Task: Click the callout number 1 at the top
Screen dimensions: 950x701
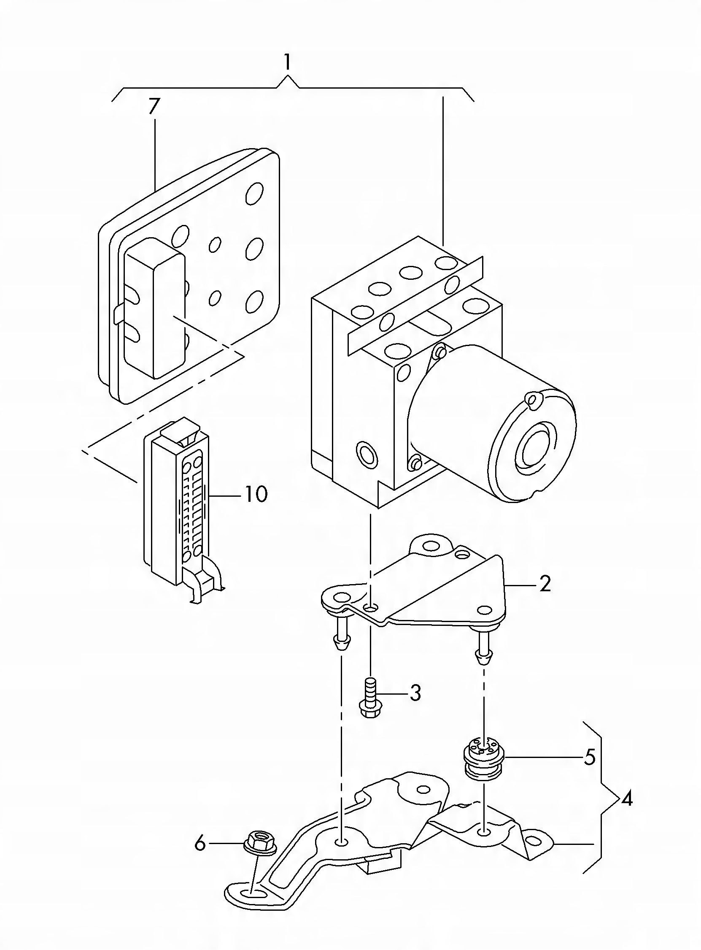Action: pos(288,63)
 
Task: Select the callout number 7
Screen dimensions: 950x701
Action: pos(154,107)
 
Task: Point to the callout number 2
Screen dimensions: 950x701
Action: pos(545,585)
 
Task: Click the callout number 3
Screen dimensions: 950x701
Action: pos(415,693)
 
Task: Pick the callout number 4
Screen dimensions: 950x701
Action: pos(626,800)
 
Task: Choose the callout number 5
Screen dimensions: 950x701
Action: pos(590,758)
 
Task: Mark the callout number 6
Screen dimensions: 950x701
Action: pos(200,844)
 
